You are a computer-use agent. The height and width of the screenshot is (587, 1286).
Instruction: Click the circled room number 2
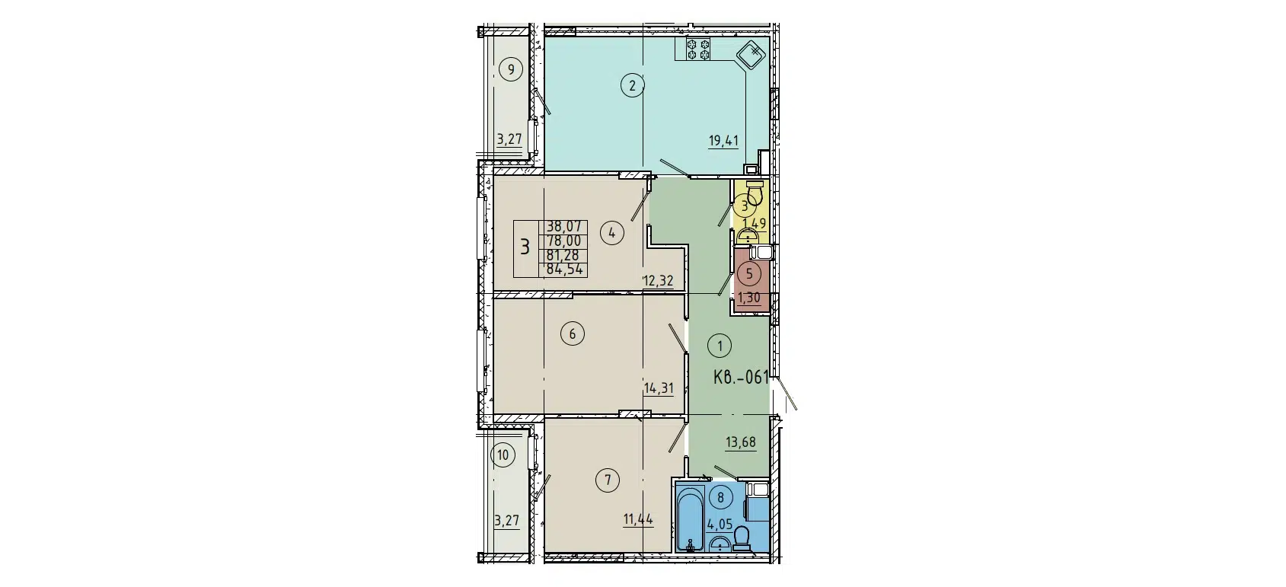point(632,85)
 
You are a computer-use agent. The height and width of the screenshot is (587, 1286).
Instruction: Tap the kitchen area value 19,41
point(723,140)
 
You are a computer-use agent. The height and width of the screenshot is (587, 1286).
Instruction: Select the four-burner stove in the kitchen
point(699,49)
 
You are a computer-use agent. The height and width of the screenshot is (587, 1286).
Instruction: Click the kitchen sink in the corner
point(750,55)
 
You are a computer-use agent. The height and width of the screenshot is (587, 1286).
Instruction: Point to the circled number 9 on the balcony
point(512,71)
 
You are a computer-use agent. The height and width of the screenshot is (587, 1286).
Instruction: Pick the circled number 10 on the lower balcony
point(503,456)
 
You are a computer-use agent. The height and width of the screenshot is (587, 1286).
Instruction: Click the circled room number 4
point(612,233)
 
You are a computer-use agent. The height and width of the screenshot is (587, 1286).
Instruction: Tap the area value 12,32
point(658,281)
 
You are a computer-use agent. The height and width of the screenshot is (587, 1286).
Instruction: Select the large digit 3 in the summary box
point(525,247)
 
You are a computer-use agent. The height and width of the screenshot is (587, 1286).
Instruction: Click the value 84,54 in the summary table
point(564,268)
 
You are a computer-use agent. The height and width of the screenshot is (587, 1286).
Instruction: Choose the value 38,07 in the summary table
point(564,226)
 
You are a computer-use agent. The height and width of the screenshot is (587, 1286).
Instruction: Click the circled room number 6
point(572,333)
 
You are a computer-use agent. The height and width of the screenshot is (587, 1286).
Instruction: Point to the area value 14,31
point(659,388)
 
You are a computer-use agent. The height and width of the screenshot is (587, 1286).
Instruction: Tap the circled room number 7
point(608,480)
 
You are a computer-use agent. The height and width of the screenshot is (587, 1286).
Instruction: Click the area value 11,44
point(638,520)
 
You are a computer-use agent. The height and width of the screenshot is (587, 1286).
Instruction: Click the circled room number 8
point(720,497)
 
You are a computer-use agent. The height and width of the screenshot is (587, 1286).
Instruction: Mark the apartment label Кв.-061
point(741,376)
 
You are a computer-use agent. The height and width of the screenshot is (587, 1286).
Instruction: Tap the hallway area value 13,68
point(741,443)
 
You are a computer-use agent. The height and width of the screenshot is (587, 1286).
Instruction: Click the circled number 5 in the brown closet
point(749,273)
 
